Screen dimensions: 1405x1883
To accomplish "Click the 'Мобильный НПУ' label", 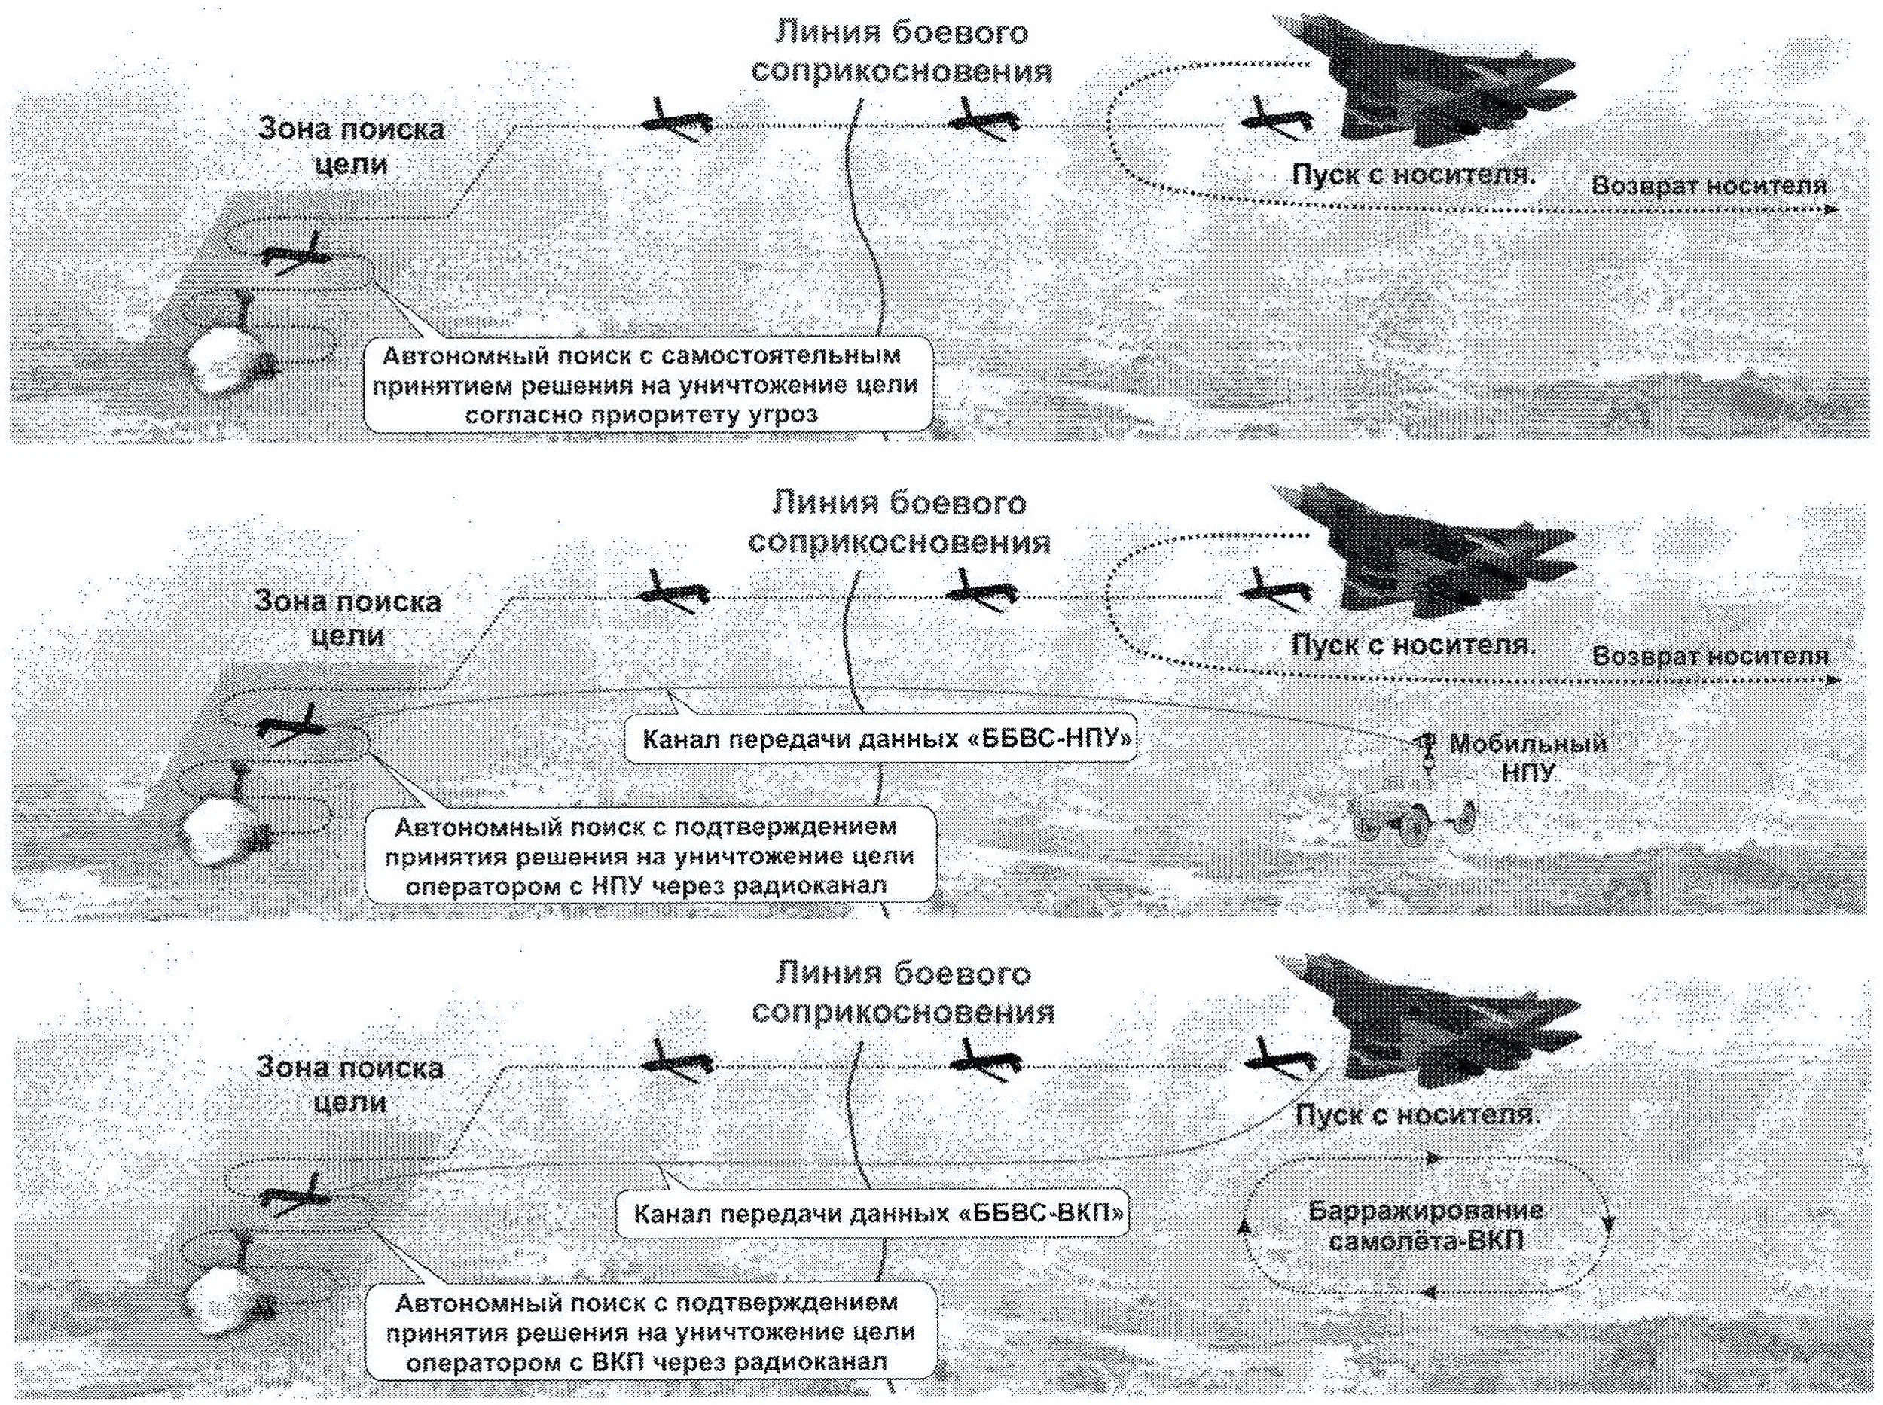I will pyautogui.click(x=1527, y=757).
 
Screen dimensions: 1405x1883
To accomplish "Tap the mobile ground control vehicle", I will pyautogui.click(x=1411, y=817).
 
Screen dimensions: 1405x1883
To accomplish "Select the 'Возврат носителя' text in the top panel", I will pyautogui.click(x=1708, y=186).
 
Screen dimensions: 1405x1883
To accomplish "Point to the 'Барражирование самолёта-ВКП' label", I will pyautogui.click(x=1425, y=1225).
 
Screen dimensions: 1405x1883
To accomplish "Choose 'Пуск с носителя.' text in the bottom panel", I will pyautogui.click(x=1418, y=1114).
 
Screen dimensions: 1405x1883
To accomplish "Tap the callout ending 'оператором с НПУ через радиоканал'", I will pyautogui.click(x=649, y=855).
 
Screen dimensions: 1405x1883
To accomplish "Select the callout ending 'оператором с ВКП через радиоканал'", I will pyautogui.click(x=650, y=1331).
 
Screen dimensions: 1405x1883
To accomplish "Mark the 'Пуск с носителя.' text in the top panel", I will pyautogui.click(x=1413, y=175).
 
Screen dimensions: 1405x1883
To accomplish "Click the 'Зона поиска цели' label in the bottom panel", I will pyautogui.click(x=349, y=1085).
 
